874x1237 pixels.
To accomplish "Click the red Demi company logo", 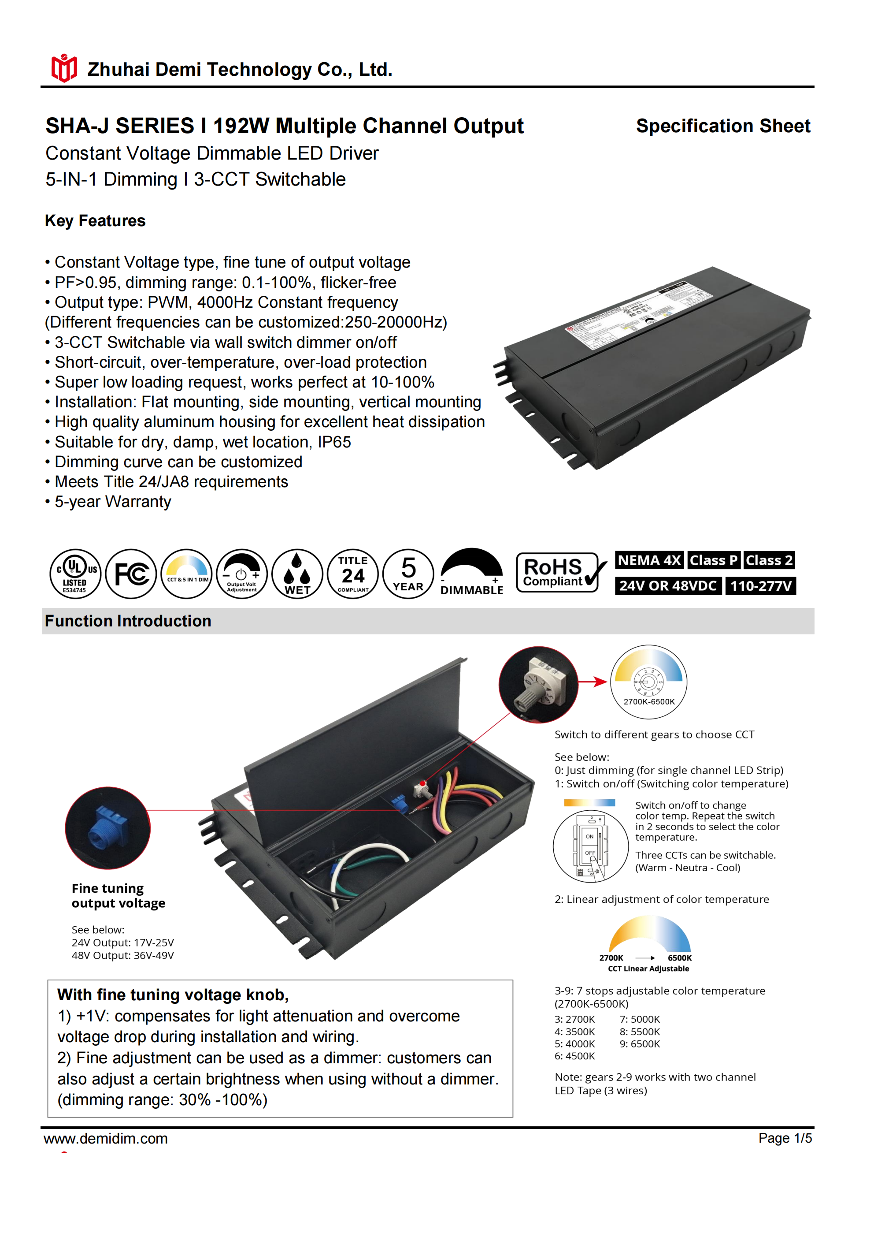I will click(64, 68).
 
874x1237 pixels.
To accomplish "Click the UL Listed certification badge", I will click(75, 574).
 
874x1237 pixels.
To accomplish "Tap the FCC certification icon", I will click(131, 574).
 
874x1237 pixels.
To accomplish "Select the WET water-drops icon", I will click(297, 574).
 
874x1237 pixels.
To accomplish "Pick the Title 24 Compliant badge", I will click(353, 574).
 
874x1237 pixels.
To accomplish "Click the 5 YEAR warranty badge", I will click(408, 574).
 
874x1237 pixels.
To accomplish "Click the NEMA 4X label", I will click(649, 560).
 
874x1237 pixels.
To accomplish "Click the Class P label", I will click(714, 560).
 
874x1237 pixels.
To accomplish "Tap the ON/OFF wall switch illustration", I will click(591, 847).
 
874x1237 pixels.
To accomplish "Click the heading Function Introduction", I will click(128, 621).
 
